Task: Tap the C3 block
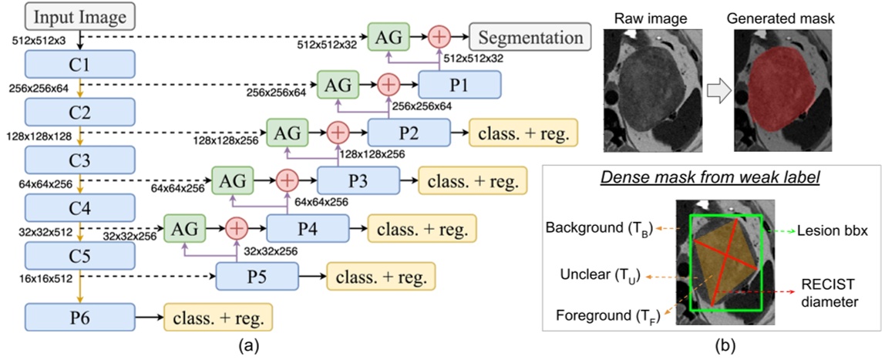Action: point(80,160)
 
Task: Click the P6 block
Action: point(80,315)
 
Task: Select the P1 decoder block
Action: point(460,82)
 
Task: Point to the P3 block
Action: point(358,182)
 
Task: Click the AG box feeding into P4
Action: point(185,228)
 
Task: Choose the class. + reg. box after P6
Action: point(217,315)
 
